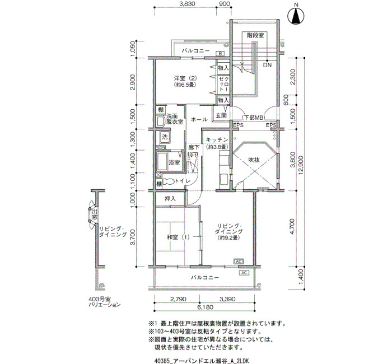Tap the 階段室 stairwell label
(256, 35)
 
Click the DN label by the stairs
(267, 65)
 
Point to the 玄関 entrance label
(220, 116)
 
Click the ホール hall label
(199, 120)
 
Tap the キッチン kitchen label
(216, 139)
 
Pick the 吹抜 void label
(254, 160)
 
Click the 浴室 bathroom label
(174, 162)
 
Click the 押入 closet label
(170, 199)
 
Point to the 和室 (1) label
(178, 237)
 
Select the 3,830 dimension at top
(187, 4)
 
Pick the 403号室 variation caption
(100, 303)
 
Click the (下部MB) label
(253, 117)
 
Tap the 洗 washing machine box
(165, 137)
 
